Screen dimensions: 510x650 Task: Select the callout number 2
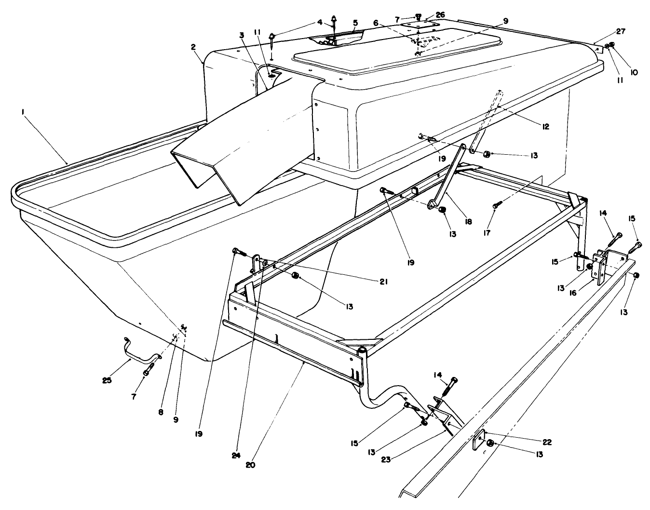(x=193, y=47)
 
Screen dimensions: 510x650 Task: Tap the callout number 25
(x=107, y=380)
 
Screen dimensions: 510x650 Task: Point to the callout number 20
(x=250, y=465)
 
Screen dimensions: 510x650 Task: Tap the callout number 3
(x=241, y=35)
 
